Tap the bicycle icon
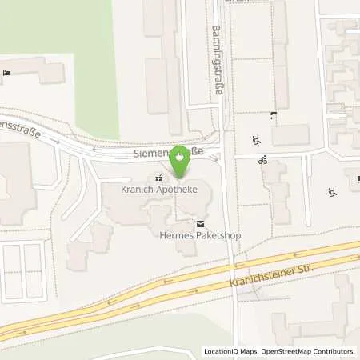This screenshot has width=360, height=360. (x=262, y=161)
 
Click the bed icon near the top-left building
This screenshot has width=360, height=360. (x=7, y=74)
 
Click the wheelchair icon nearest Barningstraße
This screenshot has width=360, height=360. (x=257, y=141)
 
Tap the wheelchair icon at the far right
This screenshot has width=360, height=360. (x=331, y=192)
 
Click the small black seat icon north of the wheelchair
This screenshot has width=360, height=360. (x=274, y=116)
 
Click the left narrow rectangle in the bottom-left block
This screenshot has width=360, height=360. (x=13, y=268)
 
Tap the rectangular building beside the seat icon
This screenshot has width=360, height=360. (x=290, y=134)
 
